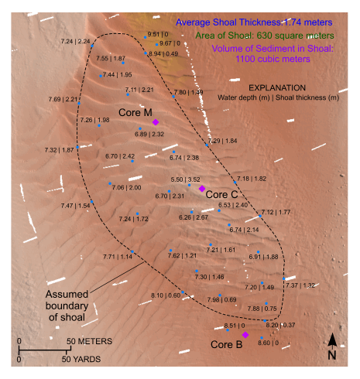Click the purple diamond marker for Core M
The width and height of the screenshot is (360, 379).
click(x=156, y=122)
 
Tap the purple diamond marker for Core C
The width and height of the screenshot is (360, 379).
click(x=201, y=189)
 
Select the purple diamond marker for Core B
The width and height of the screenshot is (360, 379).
click(x=245, y=335)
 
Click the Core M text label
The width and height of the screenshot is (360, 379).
click(x=134, y=113)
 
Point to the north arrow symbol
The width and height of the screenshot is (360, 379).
click(x=331, y=343)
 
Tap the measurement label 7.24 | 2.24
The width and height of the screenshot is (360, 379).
click(x=74, y=41)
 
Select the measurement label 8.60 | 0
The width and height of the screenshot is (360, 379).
click(x=269, y=343)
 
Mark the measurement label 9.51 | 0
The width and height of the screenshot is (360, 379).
click(x=158, y=35)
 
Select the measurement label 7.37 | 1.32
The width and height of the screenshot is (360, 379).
click(x=300, y=285)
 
